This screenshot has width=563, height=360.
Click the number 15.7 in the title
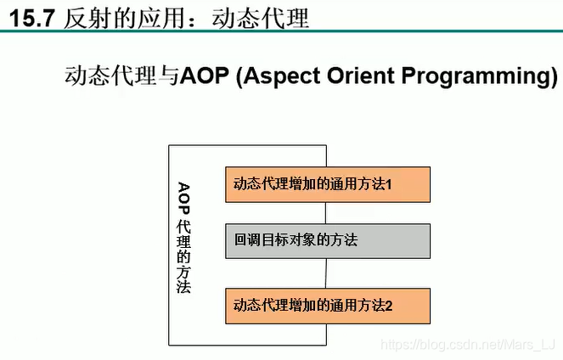tap(32, 19)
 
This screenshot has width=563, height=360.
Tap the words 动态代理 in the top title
tap(261, 18)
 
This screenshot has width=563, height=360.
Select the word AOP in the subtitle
tap(205, 76)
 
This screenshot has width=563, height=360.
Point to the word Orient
tap(361, 76)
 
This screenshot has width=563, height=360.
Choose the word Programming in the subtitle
tap(476, 76)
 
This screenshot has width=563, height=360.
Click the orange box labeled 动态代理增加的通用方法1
tap(328, 184)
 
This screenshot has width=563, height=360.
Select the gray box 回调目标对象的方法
tap(328, 241)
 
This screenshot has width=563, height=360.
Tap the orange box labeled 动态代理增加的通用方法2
tap(328, 307)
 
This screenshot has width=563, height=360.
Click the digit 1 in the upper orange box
tap(389, 184)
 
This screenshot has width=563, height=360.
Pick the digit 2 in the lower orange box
tap(389, 306)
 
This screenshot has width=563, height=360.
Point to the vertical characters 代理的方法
tap(183, 256)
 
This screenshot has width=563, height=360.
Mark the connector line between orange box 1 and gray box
tap(326, 213)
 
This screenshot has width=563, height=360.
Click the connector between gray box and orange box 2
tap(326, 273)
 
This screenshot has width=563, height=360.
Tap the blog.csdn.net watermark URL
tap(468, 345)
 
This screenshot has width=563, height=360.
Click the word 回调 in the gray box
tap(247, 239)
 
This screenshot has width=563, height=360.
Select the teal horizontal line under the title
tap(282, 31)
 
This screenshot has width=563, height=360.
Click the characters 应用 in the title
tap(161, 18)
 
